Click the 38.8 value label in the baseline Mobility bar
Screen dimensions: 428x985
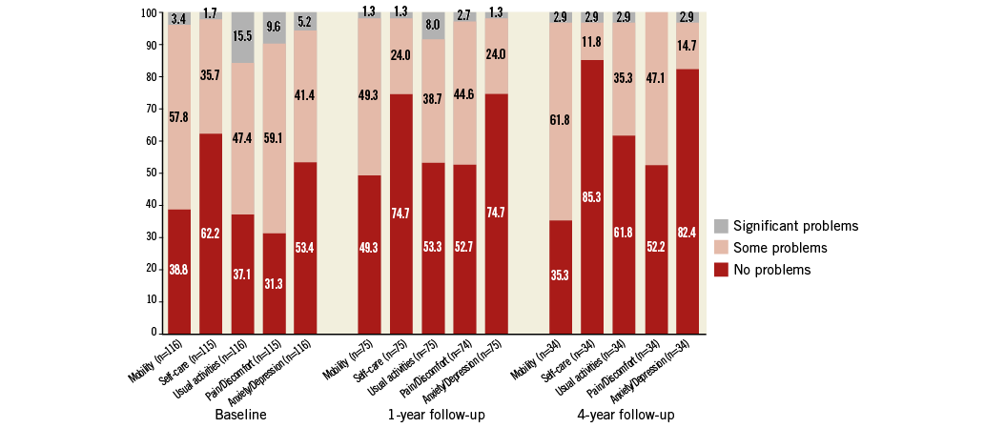click(179, 270)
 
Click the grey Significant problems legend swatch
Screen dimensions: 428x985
click(721, 226)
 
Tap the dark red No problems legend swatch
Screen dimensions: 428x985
click(721, 270)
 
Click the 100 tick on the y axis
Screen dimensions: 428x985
click(147, 13)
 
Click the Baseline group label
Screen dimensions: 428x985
click(240, 416)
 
